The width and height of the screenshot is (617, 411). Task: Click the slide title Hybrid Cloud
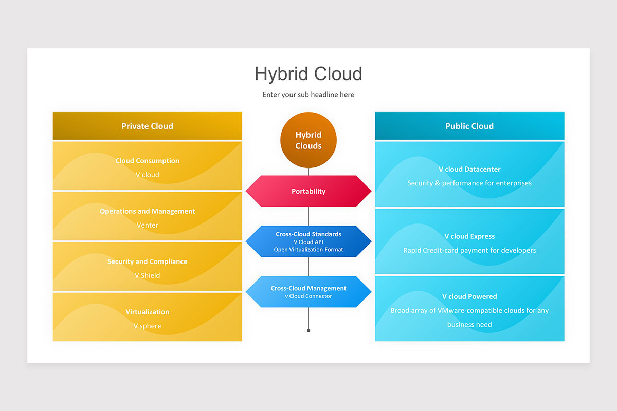point(308,74)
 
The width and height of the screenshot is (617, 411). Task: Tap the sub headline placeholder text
point(308,95)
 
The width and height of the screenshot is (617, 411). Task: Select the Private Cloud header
point(148,126)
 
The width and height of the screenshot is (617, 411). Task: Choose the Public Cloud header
point(469,126)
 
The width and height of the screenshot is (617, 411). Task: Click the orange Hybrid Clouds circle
point(308,140)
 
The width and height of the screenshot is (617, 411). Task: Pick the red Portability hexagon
point(308,191)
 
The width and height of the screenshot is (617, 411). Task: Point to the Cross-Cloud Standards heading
point(308,234)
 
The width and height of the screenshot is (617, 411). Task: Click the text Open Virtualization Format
point(308,249)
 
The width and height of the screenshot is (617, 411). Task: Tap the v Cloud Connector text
point(308,296)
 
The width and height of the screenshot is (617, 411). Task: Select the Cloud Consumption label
point(148,161)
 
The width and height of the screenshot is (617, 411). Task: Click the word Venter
point(148,225)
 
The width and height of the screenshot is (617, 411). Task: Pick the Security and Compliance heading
point(148,261)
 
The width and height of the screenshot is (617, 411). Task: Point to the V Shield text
point(148,275)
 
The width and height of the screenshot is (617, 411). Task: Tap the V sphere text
point(148,326)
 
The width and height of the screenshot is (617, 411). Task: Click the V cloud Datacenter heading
point(469,169)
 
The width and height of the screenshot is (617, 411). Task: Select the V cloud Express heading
point(469,236)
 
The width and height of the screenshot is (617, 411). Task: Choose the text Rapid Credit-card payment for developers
point(469,250)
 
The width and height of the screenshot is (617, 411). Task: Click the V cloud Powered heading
point(469,296)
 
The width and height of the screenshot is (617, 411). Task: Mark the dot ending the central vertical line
point(308,331)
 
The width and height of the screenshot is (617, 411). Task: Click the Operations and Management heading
point(148,211)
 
